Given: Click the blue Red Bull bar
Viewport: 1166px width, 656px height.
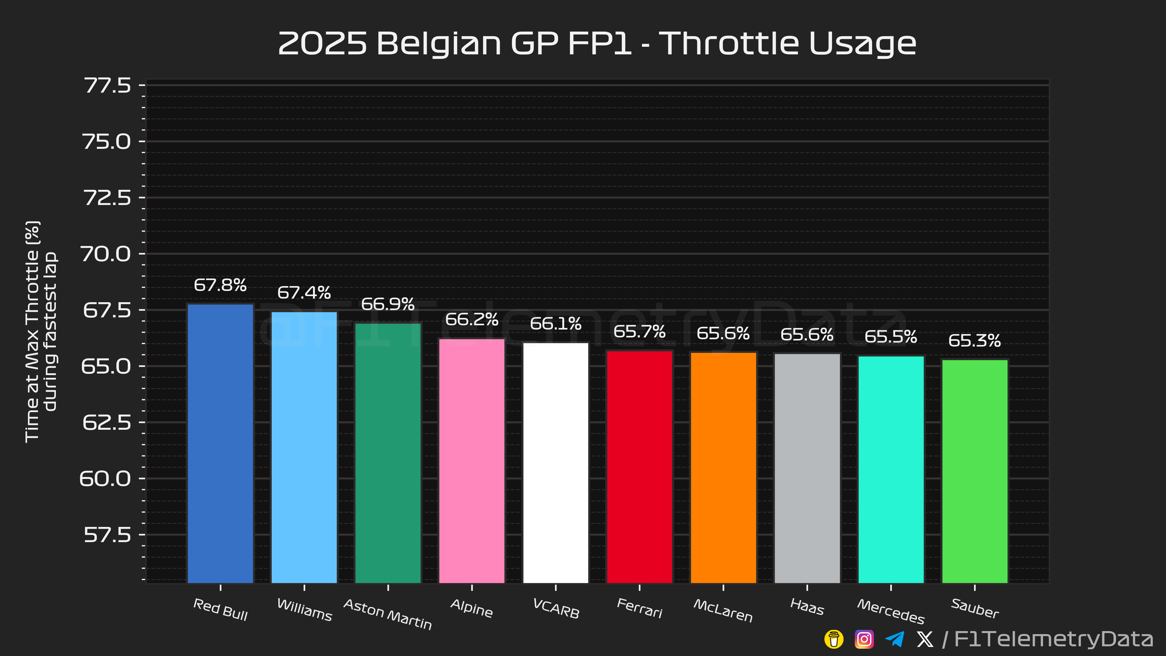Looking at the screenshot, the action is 220,444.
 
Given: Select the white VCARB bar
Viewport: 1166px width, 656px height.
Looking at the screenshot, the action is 556,463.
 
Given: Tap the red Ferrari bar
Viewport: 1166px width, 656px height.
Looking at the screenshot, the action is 639,467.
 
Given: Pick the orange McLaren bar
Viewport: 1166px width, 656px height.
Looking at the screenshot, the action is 723,468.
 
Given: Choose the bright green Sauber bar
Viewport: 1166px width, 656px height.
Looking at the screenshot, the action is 975,471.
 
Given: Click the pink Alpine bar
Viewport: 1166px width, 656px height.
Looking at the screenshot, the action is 472,461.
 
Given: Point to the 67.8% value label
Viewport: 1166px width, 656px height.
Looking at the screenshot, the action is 220,285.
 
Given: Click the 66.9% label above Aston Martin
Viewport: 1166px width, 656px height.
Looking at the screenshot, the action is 388,304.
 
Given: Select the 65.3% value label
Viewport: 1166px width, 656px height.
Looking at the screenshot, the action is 974,340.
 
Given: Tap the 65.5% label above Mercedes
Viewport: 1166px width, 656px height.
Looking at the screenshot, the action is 891,337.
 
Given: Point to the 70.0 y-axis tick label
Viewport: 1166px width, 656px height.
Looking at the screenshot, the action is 105,254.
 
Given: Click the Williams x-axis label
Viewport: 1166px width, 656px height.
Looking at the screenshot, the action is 304,609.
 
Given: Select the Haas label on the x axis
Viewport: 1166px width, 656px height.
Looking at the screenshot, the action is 807,607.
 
